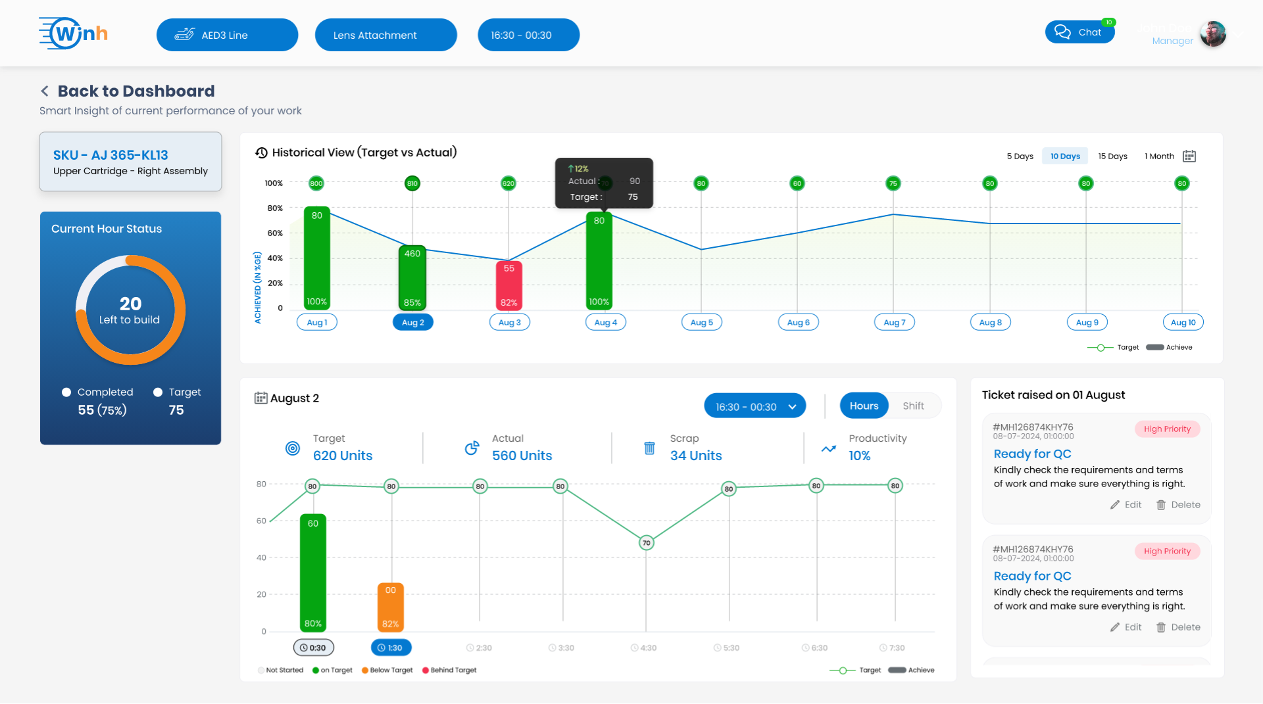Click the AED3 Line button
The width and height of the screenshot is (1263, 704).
point(227,35)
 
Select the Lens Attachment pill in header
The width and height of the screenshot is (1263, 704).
point(385,35)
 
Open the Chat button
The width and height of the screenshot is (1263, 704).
point(1079,32)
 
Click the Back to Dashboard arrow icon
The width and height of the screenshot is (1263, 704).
point(45,91)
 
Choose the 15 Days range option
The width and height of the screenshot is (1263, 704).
point(1112,156)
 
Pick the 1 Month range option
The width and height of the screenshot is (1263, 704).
point(1159,156)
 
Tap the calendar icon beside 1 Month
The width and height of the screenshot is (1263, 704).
point(1189,156)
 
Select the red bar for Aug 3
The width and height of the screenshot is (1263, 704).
point(508,285)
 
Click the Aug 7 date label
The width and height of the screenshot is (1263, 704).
point(894,323)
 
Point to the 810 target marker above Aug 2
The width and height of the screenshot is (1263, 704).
point(412,183)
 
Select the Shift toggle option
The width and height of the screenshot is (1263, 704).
point(913,406)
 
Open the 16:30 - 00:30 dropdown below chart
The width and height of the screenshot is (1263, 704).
point(755,407)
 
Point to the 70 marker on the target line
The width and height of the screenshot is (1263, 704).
point(647,543)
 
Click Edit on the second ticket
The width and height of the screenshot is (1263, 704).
point(1126,627)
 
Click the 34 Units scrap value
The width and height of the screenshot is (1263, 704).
point(695,456)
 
